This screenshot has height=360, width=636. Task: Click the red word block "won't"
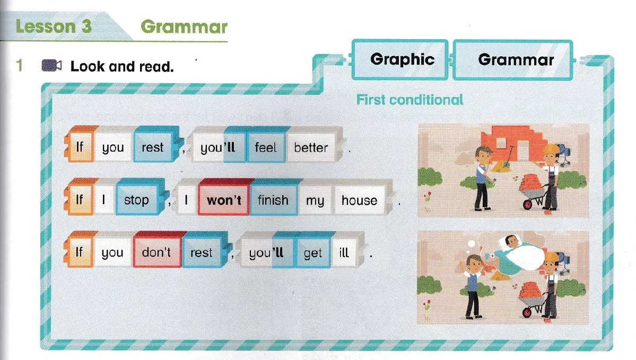click(223, 200)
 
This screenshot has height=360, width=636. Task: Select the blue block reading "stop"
click(136, 199)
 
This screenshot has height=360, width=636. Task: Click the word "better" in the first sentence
click(311, 147)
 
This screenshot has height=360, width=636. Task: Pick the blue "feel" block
click(266, 147)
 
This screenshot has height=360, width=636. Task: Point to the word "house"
click(359, 200)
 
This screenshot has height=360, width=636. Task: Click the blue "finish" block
click(273, 200)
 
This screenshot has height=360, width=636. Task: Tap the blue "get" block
click(313, 252)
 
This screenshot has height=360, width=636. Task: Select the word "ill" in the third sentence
click(344, 252)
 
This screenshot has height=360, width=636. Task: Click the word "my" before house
click(315, 200)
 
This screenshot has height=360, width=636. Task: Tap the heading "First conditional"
click(410, 100)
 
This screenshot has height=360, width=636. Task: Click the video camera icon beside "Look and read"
click(52, 66)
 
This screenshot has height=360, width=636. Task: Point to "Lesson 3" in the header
click(54, 27)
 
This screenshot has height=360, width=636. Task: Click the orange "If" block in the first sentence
click(80, 146)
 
